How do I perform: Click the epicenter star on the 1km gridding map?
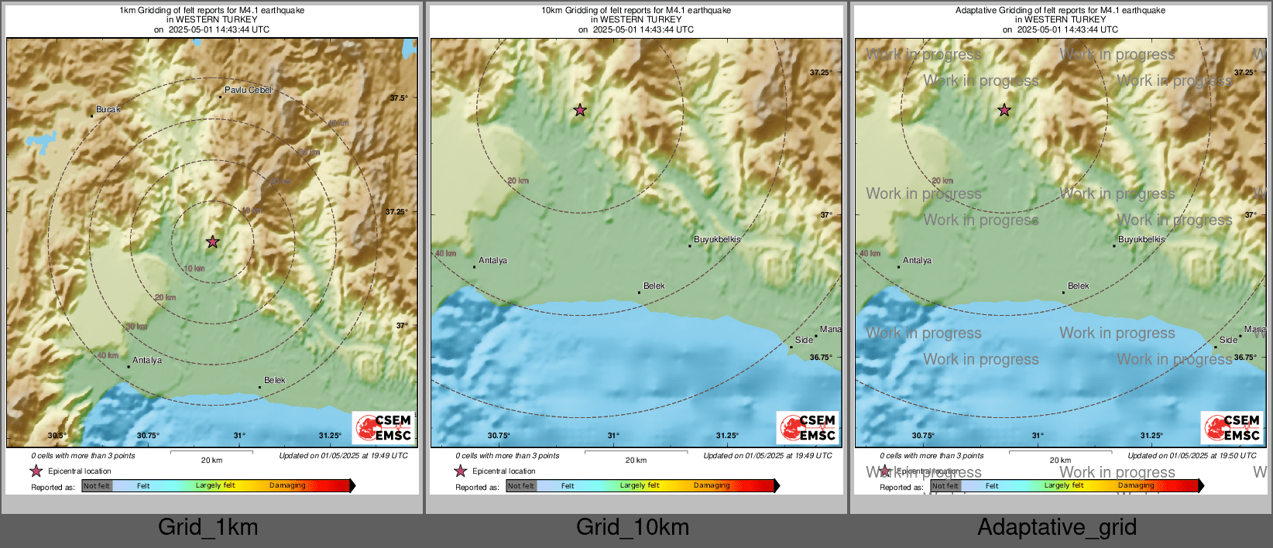[213, 242]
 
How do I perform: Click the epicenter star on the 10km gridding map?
[580, 110]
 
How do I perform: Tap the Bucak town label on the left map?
[108, 110]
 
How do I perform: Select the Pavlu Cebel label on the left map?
[248, 91]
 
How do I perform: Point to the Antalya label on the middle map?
[492, 261]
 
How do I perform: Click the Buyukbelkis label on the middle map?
[717, 240]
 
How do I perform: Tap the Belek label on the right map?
[1078, 286]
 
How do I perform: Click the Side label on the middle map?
[804, 341]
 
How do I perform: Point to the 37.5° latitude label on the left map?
[398, 98]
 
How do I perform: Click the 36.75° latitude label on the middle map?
[820, 358]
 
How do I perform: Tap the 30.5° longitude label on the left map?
[57, 436]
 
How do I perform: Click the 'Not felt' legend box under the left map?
[97, 486]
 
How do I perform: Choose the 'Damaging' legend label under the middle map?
[711, 486]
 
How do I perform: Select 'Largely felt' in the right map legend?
[1063, 486]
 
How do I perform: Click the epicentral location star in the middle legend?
[461, 471]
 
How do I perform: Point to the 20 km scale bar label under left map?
[211, 461]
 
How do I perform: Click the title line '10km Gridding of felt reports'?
[636, 11]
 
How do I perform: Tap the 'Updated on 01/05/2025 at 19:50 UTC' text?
[1192, 456]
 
